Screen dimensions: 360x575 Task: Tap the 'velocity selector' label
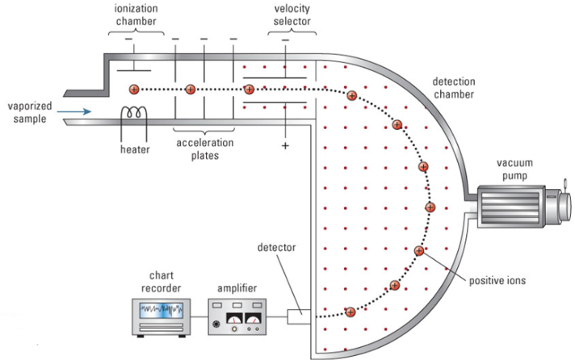pos(291,15)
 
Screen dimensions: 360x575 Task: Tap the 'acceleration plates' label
pos(204,149)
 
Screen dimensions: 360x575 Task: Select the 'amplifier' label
pos(237,287)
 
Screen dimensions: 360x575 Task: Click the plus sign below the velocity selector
pos(284,145)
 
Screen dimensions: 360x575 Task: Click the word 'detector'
pos(277,245)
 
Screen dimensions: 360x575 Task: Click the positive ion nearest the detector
pos(350,312)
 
